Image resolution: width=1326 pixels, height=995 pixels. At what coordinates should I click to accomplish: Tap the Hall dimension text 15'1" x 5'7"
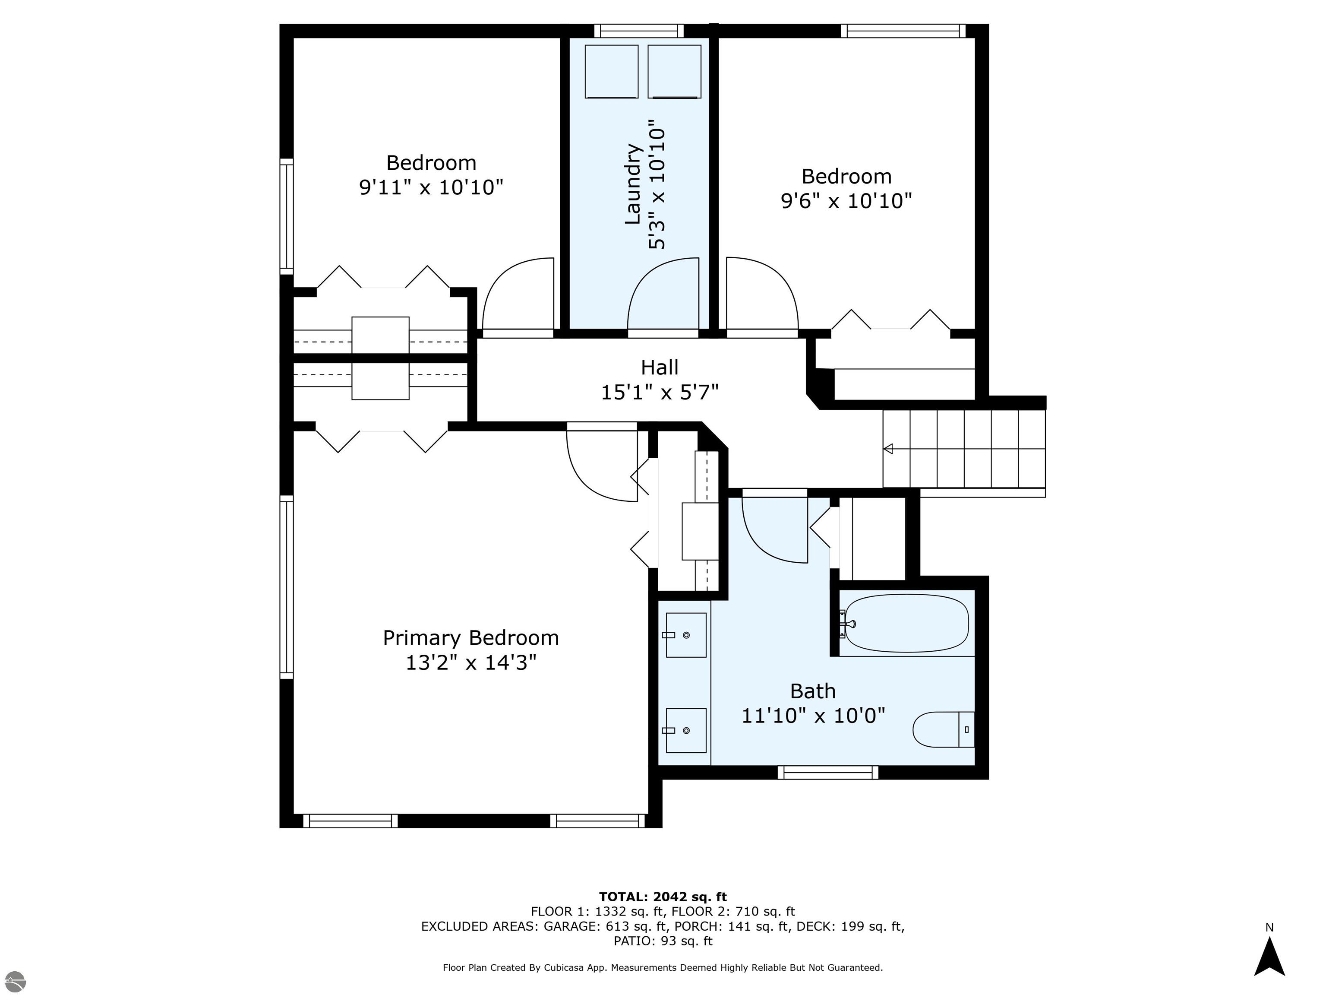click(x=660, y=392)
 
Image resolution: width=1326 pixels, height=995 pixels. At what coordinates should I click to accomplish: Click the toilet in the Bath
click(x=944, y=729)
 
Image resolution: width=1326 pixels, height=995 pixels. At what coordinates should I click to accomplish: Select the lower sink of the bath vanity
click(x=686, y=731)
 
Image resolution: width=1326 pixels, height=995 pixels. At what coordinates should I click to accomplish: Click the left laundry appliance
click(x=612, y=71)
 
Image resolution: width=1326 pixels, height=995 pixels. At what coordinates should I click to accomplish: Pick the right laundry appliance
click(x=674, y=71)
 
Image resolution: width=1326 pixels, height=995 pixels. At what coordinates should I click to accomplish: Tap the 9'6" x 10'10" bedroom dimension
click(x=846, y=200)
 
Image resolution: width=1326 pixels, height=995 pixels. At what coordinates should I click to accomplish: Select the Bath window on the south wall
click(x=828, y=773)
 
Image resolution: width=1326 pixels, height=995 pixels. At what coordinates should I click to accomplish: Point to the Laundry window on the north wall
click(x=639, y=31)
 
